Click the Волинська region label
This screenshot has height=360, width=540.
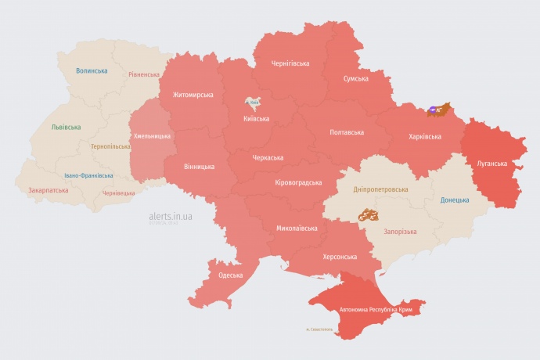pyautogui.click(x=92, y=70)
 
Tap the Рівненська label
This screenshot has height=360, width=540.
pyautogui.click(x=145, y=74)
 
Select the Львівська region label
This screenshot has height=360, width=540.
pyautogui.click(x=66, y=126)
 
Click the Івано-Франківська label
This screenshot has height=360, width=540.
pyautogui.click(x=88, y=175)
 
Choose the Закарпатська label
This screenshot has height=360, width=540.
pyautogui.click(x=48, y=189)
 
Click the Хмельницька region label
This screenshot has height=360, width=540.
pyautogui.click(x=152, y=136)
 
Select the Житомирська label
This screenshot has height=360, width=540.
pyautogui.click(x=188, y=95)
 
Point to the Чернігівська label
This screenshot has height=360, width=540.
pyautogui.click(x=290, y=63)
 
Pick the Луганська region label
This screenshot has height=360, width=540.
pyautogui.click(x=492, y=164)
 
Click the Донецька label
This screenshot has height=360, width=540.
pyautogui.click(x=455, y=200)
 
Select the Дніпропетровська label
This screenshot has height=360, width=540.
pyautogui.click(x=380, y=189)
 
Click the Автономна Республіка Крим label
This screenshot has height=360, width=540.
pyautogui.click(x=376, y=310)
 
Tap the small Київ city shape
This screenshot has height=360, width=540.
pyautogui.click(x=253, y=103)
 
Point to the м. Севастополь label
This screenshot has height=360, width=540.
pyautogui.click(x=319, y=329)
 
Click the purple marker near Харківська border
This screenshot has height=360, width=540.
pyautogui.click(x=433, y=110)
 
